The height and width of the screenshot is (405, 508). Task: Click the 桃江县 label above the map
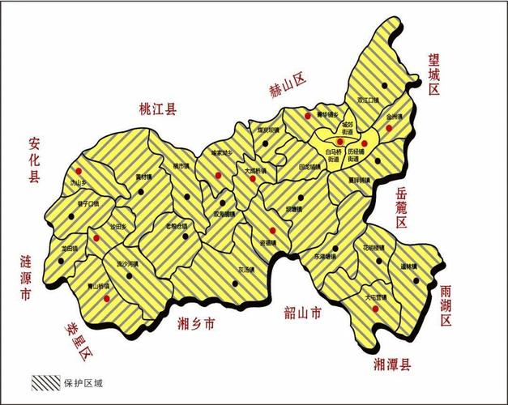pyautogui.click(x=158, y=109)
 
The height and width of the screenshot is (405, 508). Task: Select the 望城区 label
pyautogui.click(x=434, y=74)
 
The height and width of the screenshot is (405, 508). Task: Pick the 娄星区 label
pyautogui.click(x=82, y=340)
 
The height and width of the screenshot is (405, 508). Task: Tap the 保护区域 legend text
pyautogui.click(x=83, y=381)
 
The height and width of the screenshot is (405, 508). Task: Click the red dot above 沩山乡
pyautogui.click(x=79, y=171)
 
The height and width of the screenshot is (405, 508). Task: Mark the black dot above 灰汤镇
pyautogui.click(x=234, y=283)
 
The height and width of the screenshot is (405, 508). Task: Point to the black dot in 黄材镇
pyautogui.click(x=142, y=192)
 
